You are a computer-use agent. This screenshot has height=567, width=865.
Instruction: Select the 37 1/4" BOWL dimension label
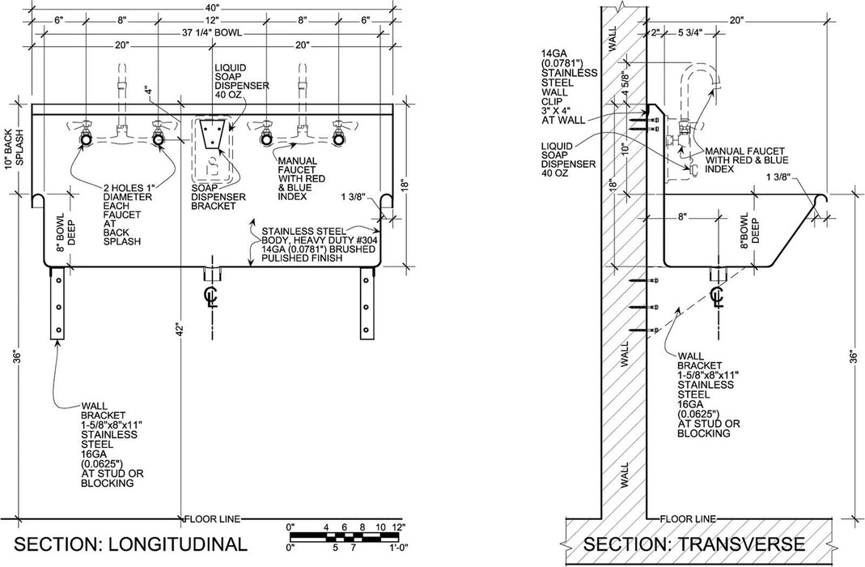pyautogui.click(x=212, y=32)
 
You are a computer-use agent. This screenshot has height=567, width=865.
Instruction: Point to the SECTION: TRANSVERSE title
pyautogui.click(x=693, y=543)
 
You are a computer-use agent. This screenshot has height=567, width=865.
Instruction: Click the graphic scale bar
pyautogui.click(x=344, y=535)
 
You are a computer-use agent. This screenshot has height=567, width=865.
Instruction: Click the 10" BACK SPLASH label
pyautogui.click(x=15, y=147)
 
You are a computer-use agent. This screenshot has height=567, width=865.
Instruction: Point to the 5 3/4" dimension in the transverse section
pyautogui.click(x=677, y=32)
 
